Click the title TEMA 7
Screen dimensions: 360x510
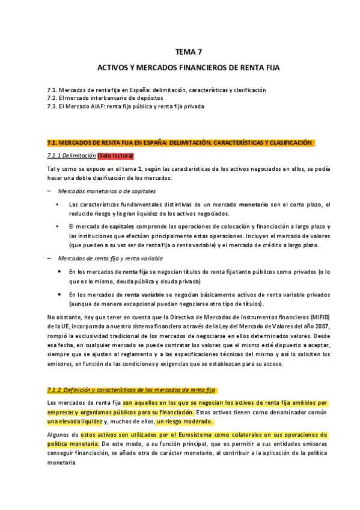[180, 52]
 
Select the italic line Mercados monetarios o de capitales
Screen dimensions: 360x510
[106, 191]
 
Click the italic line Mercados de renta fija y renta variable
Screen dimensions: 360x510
[110, 258]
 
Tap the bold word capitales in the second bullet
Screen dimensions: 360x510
[115, 226]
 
